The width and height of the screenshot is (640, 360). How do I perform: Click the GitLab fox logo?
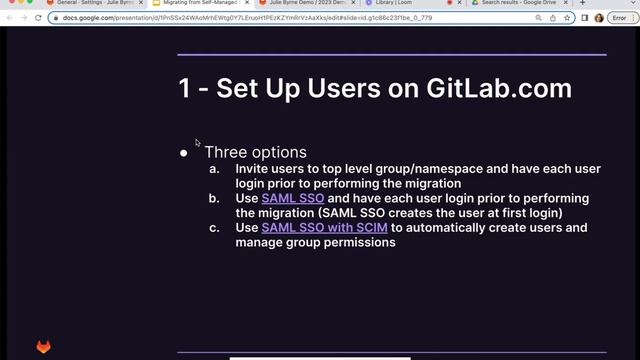click(x=44, y=347)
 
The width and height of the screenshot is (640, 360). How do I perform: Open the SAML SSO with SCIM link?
click(x=324, y=228)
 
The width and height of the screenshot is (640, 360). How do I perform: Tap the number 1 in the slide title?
click(x=185, y=88)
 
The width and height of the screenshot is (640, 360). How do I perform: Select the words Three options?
click(x=255, y=152)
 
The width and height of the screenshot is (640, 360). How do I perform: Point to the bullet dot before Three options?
click(x=184, y=154)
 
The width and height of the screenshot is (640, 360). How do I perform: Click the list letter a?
click(x=214, y=169)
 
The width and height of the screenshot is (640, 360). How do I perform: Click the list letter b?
click(x=214, y=199)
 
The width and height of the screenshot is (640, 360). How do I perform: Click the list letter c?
click(x=214, y=228)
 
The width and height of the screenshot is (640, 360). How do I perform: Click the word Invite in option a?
click(x=251, y=169)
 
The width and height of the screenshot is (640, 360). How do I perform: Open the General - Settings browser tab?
click(x=90, y=4)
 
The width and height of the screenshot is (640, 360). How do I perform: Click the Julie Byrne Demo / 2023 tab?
click(x=300, y=4)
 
